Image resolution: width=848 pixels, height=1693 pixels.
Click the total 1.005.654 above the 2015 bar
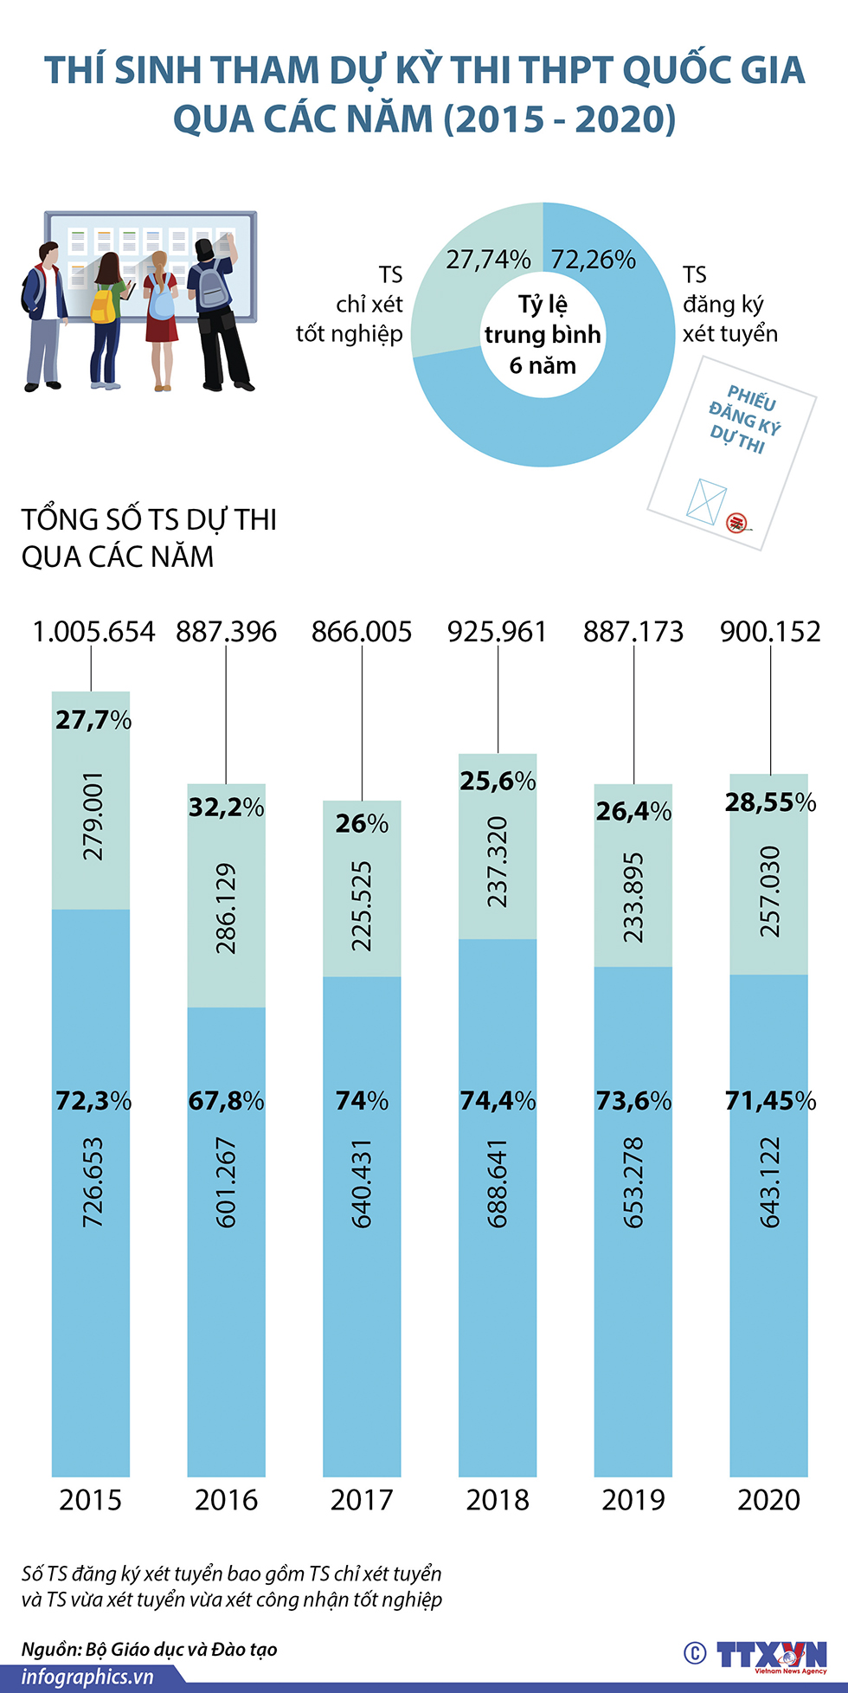click(x=93, y=632)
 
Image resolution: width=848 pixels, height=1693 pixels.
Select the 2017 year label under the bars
click(x=362, y=1500)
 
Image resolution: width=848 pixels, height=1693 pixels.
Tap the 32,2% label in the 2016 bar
click(x=226, y=808)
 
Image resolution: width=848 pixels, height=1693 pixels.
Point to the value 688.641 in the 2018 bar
click(x=498, y=1183)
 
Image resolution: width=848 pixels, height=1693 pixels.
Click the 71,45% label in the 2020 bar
click(x=770, y=1101)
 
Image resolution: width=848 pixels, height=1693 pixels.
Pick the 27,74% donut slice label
click(x=488, y=259)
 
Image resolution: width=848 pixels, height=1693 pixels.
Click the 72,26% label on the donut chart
click(x=593, y=259)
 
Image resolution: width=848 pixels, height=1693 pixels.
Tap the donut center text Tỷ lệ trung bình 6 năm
click(x=543, y=335)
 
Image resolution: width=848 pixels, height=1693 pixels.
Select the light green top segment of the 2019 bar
click(x=633, y=874)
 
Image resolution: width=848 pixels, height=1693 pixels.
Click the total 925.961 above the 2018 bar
click(x=498, y=632)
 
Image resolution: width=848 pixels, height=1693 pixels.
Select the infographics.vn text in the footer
click(x=87, y=1677)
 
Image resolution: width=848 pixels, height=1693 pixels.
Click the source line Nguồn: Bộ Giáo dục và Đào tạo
click(x=149, y=1649)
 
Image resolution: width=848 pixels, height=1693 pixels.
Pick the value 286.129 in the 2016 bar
click(x=226, y=909)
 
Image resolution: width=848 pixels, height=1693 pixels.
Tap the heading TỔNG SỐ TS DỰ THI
click(x=149, y=519)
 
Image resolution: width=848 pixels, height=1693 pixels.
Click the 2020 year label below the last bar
click(x=769, y=1500)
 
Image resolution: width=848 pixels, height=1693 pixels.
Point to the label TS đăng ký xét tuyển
click(x=729, y=305)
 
